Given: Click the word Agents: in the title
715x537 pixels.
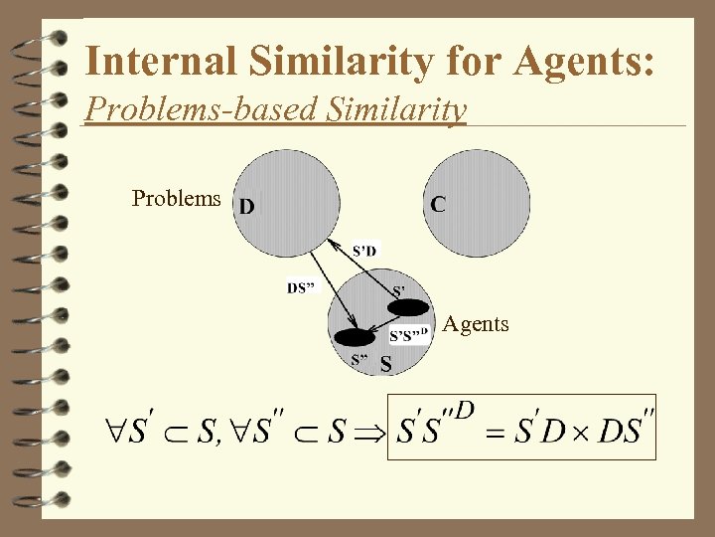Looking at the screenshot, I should (x=585, y=61).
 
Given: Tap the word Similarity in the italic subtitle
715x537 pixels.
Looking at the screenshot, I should (x=398, y=108).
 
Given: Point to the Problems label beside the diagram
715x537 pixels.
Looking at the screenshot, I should (x=177, y=198).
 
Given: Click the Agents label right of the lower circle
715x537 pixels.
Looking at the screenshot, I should (x=476, y=323).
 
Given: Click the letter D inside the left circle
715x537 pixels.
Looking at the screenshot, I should (x=247, y=207).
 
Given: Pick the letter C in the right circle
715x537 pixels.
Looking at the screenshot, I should (x=438, y=204).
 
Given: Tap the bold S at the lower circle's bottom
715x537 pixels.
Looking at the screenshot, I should (x=385, y=365).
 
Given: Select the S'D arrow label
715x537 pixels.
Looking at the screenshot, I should (x=364, y=250).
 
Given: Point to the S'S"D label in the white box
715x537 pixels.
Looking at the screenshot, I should (x=408, y=334).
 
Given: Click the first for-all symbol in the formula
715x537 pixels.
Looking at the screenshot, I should (x=116, y=432).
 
